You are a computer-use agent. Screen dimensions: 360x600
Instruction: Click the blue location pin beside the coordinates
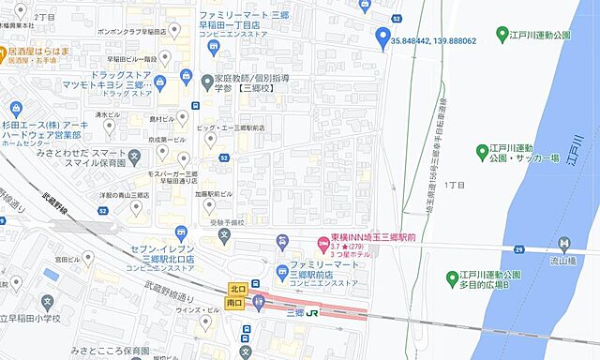click(382, 37)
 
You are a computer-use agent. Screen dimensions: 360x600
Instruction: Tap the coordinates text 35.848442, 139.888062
click(434, 41)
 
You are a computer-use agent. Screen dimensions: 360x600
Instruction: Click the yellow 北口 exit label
click(236, 289)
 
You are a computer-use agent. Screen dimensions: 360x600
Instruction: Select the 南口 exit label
click(236, 303)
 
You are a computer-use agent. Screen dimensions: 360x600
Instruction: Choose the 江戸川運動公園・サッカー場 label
click(524, 153)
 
